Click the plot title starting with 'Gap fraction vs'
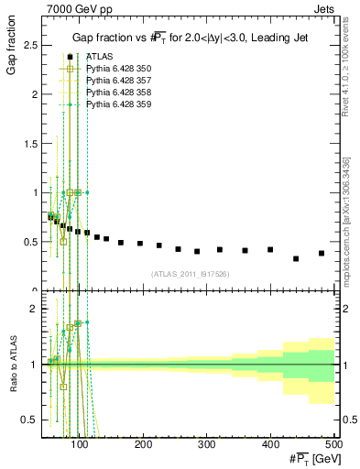[188, 38]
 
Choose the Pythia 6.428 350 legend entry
[120, 69]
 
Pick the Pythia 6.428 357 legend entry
[120, 82]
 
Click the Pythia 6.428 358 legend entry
[120, 93]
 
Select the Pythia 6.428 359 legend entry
[120, 106]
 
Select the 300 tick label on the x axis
[207, 444]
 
